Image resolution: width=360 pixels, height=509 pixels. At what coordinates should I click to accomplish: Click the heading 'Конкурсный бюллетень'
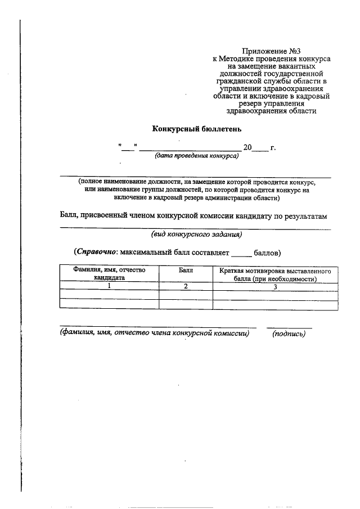coord(197,129)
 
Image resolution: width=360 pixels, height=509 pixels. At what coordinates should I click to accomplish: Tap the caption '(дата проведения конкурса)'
coord(196,156)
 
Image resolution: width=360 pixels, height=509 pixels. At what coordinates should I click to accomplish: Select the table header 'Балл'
coord(186,271)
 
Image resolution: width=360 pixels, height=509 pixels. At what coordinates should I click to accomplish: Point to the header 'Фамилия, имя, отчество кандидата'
coord(109,274)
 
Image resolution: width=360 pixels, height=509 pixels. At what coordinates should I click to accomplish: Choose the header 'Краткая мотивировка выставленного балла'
coord(275,274)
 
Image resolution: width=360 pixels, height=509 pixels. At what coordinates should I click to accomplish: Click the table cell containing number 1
coord(109,286)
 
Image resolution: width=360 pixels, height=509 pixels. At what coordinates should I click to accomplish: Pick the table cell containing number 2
coord(186,286)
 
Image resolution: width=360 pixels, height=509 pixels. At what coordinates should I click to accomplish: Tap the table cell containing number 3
coord(275,286)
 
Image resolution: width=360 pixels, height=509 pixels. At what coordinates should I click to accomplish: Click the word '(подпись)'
coord(289,334)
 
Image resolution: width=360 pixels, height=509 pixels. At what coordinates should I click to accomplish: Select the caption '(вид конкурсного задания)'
coord(196,234)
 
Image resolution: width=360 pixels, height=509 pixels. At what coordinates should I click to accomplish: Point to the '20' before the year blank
coord(247,147)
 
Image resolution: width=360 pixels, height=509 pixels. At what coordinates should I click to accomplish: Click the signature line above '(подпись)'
coord(289,327)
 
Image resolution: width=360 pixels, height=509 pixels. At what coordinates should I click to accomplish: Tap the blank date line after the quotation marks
coord(189,148)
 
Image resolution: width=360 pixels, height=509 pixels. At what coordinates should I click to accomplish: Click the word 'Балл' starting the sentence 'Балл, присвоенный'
coord(69,216)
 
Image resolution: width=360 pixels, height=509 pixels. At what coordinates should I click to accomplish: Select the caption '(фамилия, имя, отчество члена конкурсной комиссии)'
coord(155,334)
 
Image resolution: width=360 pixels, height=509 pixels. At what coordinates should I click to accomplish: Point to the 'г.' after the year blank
coord(273,147)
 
